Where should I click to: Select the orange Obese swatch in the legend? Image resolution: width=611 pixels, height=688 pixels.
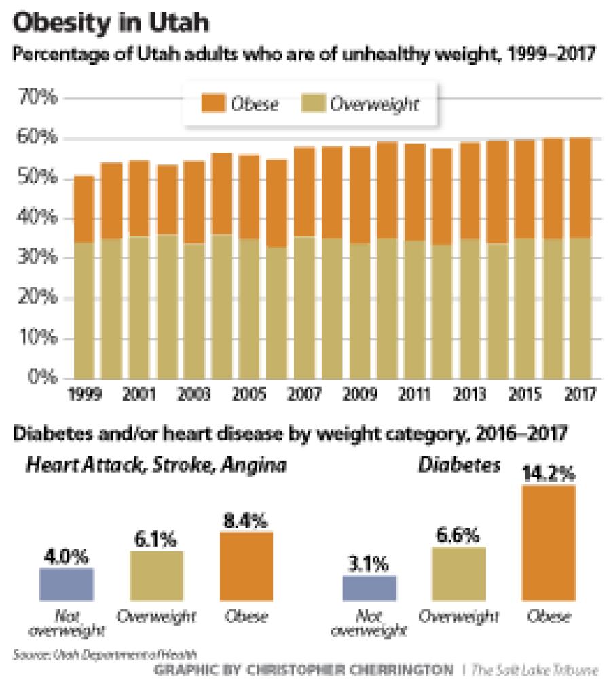(x=213, y=105)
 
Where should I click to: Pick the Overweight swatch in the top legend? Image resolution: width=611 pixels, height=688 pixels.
(x=314, y=105)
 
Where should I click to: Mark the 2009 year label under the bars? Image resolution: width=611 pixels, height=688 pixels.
(x=359, y=393)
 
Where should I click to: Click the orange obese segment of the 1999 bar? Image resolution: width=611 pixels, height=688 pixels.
(x=84, y=209)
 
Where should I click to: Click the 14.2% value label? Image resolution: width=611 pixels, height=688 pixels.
(x=547, y=473)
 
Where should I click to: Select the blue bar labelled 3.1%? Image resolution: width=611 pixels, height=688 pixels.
(x=369, y=589)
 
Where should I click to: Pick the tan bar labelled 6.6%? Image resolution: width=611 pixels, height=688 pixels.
(x=459, y=575)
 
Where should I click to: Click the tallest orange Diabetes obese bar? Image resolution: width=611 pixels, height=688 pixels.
(x=549, y=543)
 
